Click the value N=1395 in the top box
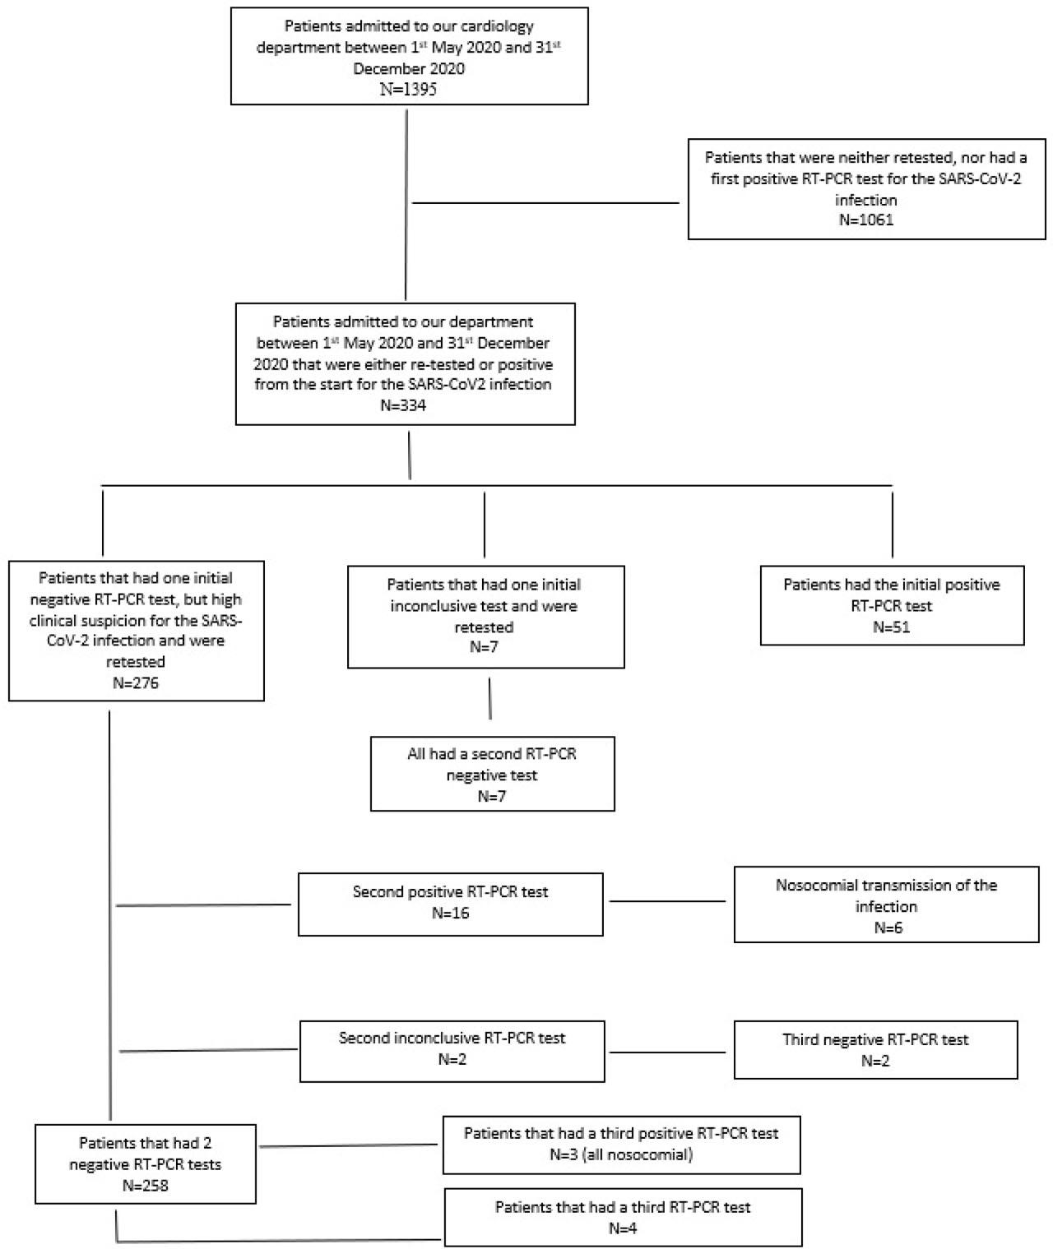tap(408, 90)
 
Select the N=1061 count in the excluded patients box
tap(865, 220)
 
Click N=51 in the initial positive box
tap(891, 627)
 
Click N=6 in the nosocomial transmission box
tap(885, 927)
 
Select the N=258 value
tap(145, 1186)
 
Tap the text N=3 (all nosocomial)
tap(620, 1154)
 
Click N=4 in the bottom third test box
tap(622, 1229)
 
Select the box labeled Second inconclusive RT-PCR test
tap(452, 1051)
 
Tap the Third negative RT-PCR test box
tap(875, 1050)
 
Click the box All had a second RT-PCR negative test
tap(492, 774)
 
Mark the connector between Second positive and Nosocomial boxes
tap(667, 902)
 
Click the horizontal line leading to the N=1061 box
tap(545, 203)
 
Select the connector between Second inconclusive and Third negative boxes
tap(667, 1052)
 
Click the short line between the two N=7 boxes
tap(490, 699)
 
